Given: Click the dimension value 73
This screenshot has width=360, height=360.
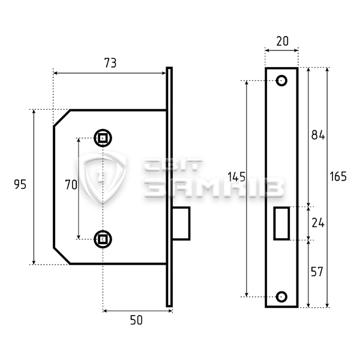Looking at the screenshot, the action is (x=110, y=63).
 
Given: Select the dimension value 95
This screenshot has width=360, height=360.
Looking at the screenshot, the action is (x=20, y=184).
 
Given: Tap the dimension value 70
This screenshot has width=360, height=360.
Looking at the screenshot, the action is (x=71, y=185).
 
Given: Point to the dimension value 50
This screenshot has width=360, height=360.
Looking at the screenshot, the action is (x=136, y=320).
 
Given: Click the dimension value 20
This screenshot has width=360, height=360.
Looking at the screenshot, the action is (x=282, y=41).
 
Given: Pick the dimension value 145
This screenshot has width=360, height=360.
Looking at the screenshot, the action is (x=236, y=177).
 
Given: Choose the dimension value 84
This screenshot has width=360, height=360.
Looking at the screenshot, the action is (x=318, y=135).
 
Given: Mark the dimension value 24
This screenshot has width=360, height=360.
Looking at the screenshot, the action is (x=318, y=223).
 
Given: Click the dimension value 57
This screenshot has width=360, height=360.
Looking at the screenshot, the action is (x=317, y=272).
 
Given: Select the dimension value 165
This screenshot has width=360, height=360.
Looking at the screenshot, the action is (x=338, y=176).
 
